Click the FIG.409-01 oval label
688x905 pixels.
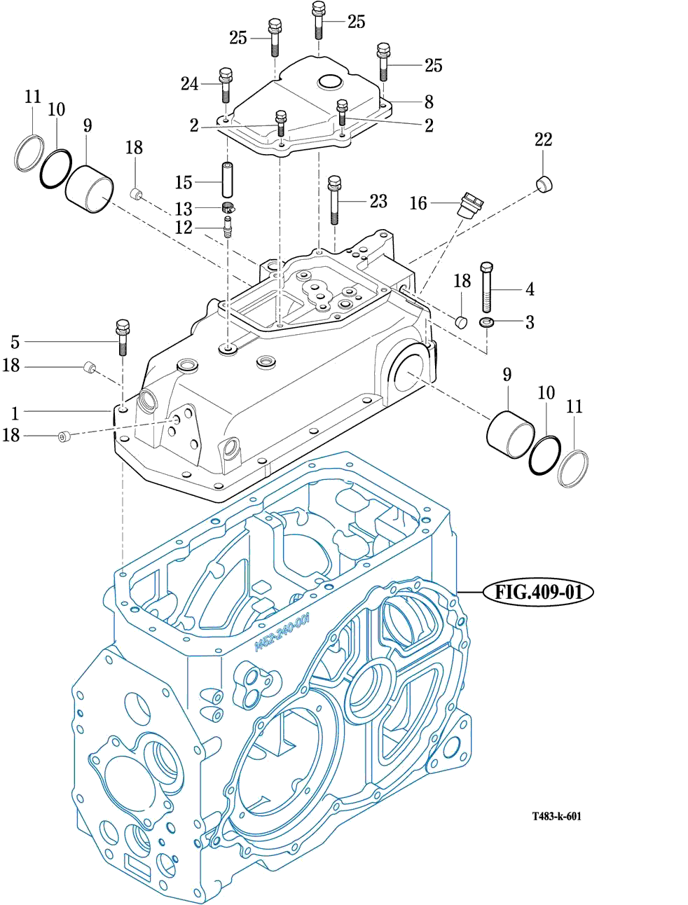point(538,592)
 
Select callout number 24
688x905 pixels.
point(190,84)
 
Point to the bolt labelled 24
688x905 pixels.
point(226,85)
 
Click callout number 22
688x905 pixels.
point(543,139)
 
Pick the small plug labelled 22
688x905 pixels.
point(544,184)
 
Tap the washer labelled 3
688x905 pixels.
point(487,322)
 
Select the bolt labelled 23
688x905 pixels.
point(334,200)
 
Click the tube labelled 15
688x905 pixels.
point(227,181)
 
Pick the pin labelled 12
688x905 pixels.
point(227,227)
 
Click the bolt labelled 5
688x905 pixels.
point(123,337)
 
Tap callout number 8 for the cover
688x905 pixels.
point(429,102)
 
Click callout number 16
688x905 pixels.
point(418,203)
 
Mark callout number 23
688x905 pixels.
point(378,201)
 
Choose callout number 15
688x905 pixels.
point(184,182)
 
